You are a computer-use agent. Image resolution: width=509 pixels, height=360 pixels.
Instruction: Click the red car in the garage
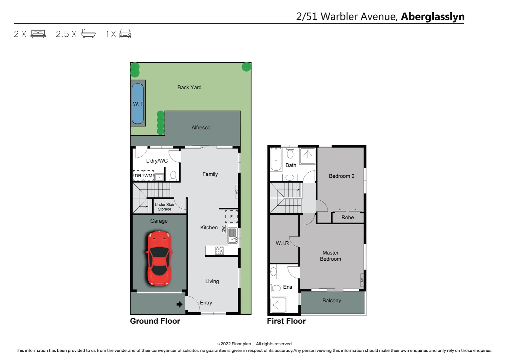click(x=159, y=258)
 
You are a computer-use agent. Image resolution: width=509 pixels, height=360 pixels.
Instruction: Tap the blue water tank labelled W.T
click(x=138, y=104)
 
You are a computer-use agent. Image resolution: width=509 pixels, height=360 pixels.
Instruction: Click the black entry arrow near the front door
click(x=179, y=304)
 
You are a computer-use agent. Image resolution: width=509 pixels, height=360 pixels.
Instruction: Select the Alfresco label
click(x=201, y=128)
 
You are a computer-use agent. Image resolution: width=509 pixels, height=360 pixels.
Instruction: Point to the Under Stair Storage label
click(x=164, y=207)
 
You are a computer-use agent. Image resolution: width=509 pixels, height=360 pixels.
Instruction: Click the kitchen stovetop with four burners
click(x=219, y=251)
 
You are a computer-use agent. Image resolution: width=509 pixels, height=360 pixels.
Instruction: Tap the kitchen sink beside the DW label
click(x=232, y=235)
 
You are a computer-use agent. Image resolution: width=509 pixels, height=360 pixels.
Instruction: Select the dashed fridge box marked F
click(x=231, y=217)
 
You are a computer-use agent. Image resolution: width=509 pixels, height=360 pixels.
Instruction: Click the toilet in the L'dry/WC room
click(x=173, y=175)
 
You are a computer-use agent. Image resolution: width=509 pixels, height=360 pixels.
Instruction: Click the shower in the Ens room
click(x=277, y=305)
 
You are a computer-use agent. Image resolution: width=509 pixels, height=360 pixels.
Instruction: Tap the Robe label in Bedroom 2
click(x=347, y=218)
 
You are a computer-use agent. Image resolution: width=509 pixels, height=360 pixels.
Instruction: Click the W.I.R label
click(x=282, y=243)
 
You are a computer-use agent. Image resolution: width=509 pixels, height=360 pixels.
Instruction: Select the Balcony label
click(x=331, y=301)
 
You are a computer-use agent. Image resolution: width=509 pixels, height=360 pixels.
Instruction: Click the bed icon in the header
click(x=38, y=34)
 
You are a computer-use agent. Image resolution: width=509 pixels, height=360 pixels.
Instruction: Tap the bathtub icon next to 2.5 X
click(x=88, y=34)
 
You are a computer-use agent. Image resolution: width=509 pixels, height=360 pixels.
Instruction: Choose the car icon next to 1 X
click(x=125, y=34)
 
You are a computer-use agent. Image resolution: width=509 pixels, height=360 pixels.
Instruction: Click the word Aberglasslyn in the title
click(x=432, y=17)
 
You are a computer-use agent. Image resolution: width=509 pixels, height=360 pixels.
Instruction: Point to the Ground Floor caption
click(x=155, y=321)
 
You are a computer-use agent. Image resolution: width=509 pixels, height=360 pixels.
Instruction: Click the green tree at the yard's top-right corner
click(x=246, y=67)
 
